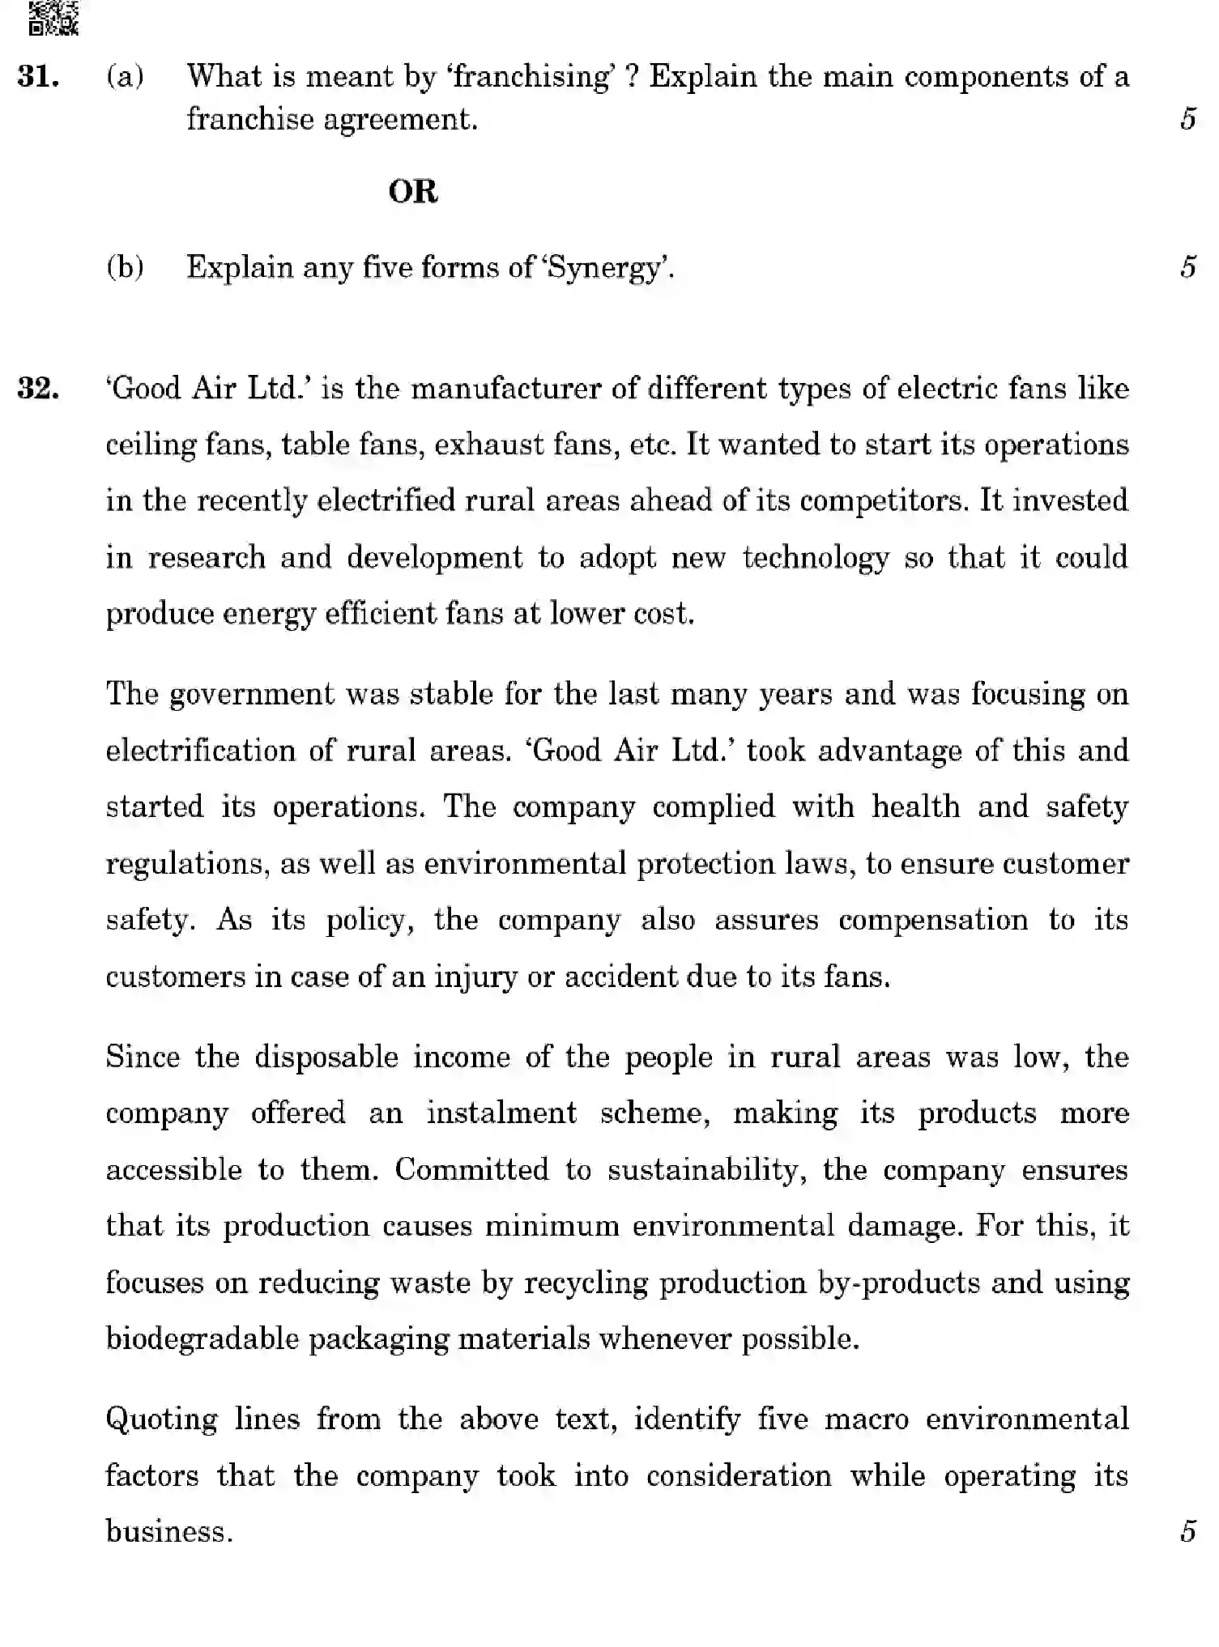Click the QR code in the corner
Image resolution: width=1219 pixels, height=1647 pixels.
(x=53, y=18)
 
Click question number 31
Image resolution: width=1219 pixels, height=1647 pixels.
(x=37, y=77)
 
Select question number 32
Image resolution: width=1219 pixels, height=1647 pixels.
(x=37, y=389)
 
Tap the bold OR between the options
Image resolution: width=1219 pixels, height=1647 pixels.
(x=413, y=192)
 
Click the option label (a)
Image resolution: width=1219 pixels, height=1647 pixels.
(x=125, y=77)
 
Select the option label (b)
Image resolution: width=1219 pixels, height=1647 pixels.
(x=125, y=267)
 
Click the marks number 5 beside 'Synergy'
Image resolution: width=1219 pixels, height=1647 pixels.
(x=1187, y=267)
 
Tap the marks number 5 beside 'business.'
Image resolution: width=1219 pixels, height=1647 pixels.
(x=1187, y=1531)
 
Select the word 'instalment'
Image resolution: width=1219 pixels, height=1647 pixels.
(x=501, y=1113)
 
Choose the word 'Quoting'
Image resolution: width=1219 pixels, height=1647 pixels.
(x=161, y=1419)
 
